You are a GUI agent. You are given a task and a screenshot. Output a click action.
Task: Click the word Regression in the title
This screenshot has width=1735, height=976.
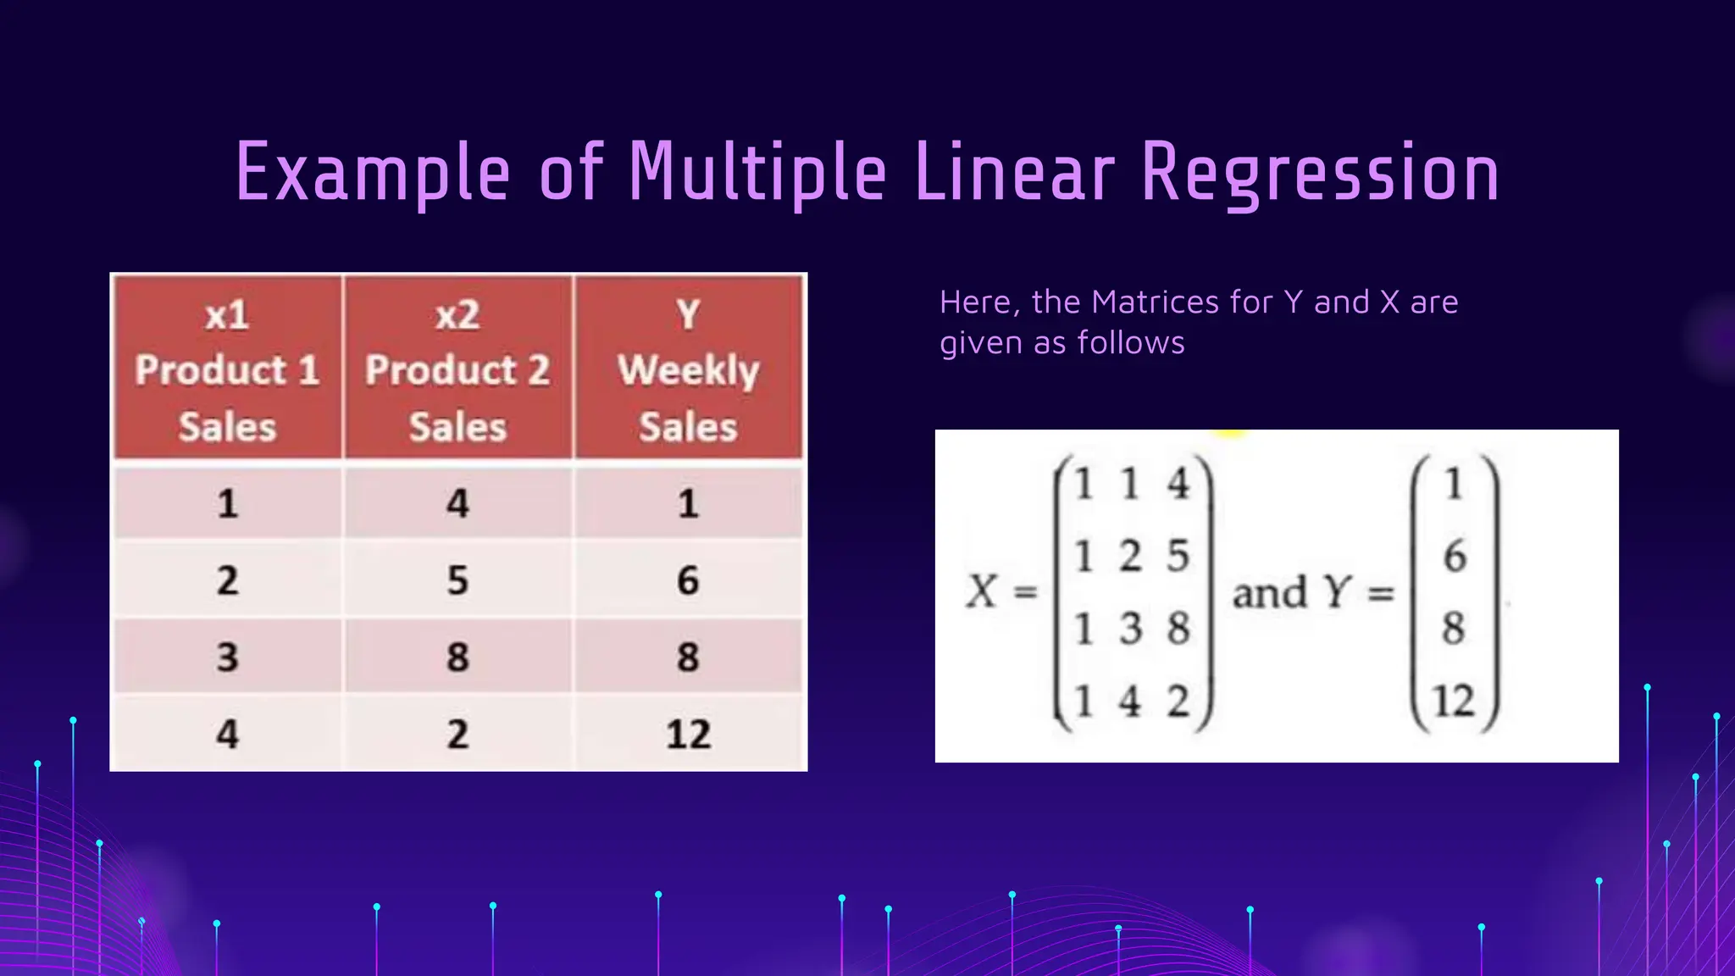(1320, 174)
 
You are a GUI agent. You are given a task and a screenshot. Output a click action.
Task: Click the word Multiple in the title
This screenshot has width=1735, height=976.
(757, 174)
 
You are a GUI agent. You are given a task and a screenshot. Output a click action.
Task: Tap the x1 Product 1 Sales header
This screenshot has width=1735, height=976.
(227, 370)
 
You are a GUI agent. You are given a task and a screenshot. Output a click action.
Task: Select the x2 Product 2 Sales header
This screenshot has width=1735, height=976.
(457, 370)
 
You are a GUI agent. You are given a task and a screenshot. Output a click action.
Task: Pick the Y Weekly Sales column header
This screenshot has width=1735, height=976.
(688, 370)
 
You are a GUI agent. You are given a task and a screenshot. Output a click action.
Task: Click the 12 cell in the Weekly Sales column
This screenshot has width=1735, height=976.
(688, 734)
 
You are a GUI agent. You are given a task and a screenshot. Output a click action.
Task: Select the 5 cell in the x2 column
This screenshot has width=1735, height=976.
(457, 580)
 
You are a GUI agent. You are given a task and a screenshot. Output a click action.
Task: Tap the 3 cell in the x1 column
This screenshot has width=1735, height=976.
(227, 657)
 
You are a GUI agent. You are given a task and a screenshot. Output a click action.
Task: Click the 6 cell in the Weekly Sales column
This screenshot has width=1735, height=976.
(688, 580)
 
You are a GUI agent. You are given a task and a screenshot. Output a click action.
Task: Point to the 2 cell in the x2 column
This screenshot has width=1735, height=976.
(457, 734)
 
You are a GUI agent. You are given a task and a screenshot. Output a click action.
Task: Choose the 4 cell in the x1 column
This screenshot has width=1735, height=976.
(227, 734)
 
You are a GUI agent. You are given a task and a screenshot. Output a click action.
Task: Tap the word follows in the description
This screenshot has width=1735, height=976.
(1130, 343)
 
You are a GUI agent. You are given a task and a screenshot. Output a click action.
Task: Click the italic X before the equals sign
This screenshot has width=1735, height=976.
(982, 591)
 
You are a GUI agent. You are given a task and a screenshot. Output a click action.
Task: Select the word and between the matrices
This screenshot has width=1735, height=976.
(1269, 592)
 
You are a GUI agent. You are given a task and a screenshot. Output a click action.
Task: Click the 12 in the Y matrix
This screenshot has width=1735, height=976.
(1454, 701)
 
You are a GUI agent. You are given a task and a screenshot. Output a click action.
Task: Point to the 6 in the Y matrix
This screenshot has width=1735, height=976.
(1455, 557)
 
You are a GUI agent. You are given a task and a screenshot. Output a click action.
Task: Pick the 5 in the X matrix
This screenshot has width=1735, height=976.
(1178, 557)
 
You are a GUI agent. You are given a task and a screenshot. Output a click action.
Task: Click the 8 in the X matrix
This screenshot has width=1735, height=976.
(1178, 629)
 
